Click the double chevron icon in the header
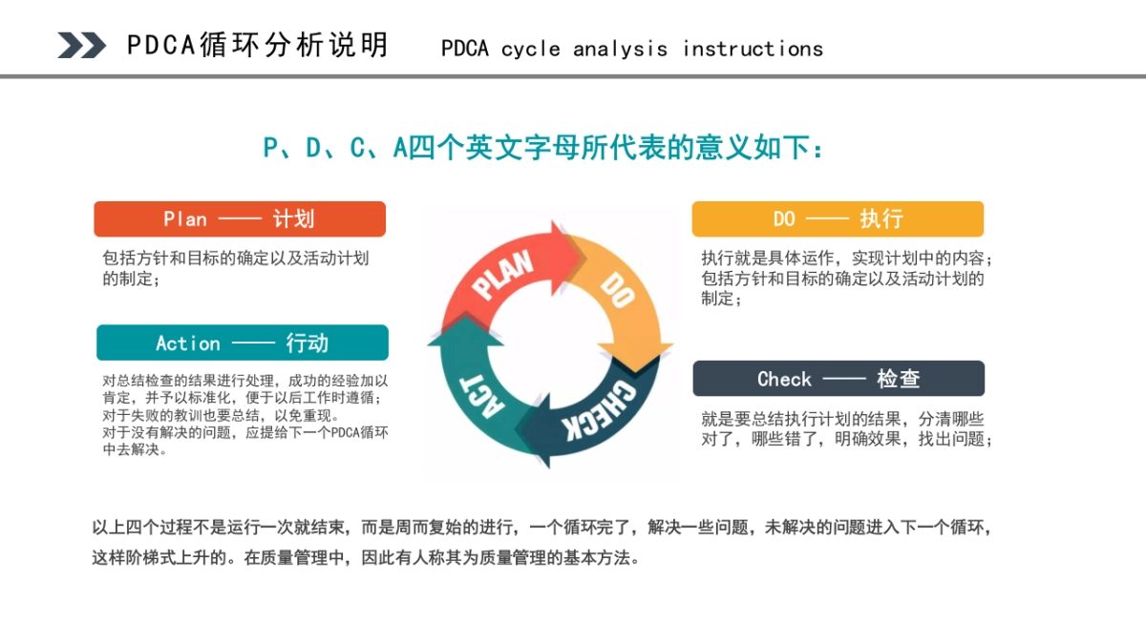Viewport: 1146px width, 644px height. coord(81,45)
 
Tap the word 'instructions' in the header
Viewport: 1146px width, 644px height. coord(753,49)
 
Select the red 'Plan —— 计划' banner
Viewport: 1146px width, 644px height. coord(240,218)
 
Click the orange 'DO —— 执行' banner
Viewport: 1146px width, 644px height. coord(838,218)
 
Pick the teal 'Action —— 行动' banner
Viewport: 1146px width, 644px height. coord(243,343)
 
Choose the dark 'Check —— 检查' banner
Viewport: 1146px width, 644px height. coord(838,379)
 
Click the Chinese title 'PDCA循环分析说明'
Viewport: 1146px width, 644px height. coord(258,45)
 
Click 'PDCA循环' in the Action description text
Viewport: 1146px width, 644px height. coord(358,432)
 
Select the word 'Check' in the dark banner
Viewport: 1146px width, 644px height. coord(784,379)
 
